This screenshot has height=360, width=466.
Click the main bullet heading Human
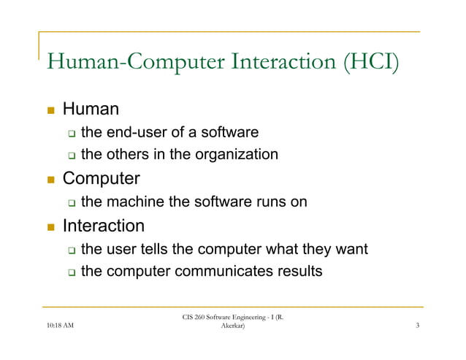(91, 110)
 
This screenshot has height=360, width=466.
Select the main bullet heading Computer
(101, 178)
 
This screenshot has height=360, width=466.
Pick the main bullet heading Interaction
(103, 226)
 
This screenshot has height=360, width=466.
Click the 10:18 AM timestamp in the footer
(59, 335)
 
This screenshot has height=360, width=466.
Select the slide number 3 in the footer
(416, 335)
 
